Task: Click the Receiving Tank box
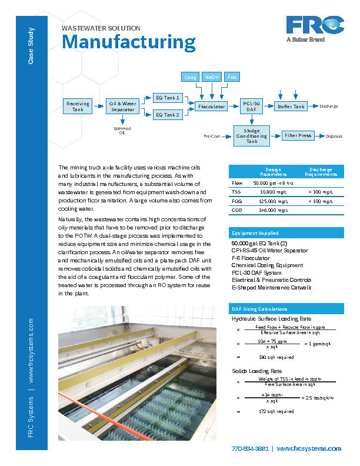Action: tap(78, 106)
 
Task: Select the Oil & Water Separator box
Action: tap(122, 106)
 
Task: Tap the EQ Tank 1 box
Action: tap(168, 98)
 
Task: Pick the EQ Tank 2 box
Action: tap(168, 115)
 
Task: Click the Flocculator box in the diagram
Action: tap(212, 106)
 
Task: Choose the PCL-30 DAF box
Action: tap(252, 106)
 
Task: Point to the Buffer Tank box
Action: tap(291, 106)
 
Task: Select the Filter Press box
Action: tap(298, 136)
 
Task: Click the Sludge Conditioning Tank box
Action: tap(252, 136)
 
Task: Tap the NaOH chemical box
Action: tap(212, 77)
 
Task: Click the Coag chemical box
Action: tap(191, 77)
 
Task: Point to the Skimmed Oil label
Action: tap(122, 130)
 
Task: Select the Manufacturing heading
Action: tap(129, 42)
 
